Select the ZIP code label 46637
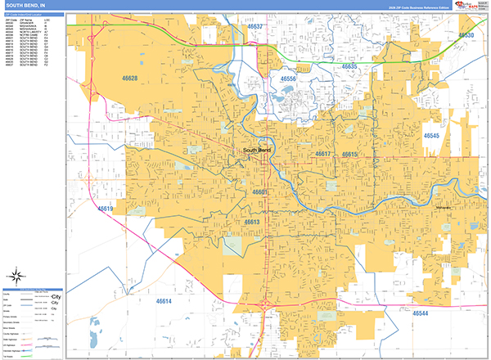[257, 27]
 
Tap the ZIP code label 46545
[431, 136]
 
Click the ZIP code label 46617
[323, 154]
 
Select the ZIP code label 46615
[350, 154]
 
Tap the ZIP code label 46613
[251, 222]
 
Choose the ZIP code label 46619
[106, 209]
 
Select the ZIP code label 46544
[421, 313]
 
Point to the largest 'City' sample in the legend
[56, 297]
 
